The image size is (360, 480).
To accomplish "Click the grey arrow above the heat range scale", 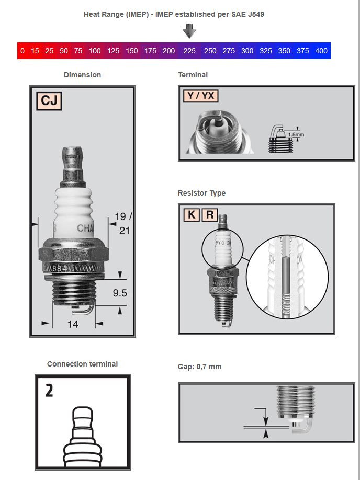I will [x=189, y=31].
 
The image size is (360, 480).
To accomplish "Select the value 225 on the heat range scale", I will [x=189, y=51].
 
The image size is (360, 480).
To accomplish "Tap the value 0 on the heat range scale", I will [x=22, y=51].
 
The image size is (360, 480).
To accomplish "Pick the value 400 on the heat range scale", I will [x=321, y=51].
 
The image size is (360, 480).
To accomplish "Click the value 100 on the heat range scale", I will [x=95, y=51].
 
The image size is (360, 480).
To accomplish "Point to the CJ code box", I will [x=49, y=100].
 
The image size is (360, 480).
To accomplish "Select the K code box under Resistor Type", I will [x=192, y=214].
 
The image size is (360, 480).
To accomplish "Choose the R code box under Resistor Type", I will [x=210, y=214].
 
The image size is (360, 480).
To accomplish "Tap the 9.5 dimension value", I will [x=120, y=293].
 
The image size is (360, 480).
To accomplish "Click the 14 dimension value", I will [x=73, y=324].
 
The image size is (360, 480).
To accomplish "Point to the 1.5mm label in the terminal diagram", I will [x=296, y=134].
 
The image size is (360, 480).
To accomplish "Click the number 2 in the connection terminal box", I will [x=49, y=391].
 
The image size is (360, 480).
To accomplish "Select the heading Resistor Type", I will [x=201, y=193].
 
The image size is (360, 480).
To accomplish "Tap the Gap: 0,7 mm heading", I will [x=199, y=367].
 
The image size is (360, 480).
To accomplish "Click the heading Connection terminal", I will [x=82, y=364].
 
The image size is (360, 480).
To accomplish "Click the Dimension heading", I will [x=82, y=75].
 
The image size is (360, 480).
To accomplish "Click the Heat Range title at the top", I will [x=174, y=14].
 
